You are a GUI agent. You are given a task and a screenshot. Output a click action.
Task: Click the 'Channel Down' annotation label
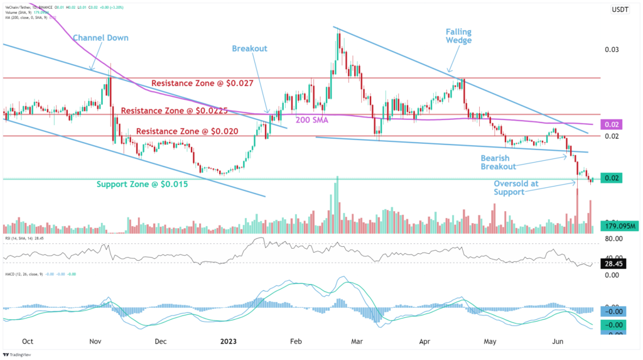[x=100, y=38]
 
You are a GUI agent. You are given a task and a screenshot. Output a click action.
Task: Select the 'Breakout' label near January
[x=249, y=48]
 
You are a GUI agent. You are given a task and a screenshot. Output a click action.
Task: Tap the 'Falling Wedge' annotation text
[x=458, y=36]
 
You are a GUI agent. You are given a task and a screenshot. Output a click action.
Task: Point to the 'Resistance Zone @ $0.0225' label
[x=174, y=111]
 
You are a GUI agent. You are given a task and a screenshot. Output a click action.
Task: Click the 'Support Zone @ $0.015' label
[x=142, y=185]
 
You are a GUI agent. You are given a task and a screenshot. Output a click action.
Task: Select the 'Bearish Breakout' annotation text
[x=499, y=162]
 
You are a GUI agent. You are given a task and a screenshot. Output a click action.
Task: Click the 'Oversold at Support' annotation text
[x=516, y=187]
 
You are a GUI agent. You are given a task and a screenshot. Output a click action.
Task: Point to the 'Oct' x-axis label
[x=27, y=341]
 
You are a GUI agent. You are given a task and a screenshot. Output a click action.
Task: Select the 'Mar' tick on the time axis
[x=356, y=341]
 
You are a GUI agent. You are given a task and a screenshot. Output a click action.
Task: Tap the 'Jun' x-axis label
[x=556, y=341]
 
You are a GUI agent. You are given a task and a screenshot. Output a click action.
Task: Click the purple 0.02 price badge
[x=612, y=125]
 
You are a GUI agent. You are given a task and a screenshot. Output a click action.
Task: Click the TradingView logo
[x=25, y=354]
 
